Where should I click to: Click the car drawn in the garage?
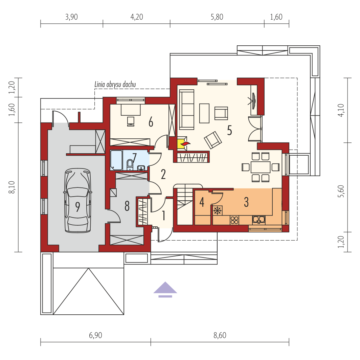click(x=78, y=200)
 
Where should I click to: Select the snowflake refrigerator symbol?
click(x=217, y=210)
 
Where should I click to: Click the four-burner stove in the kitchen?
click(x=234, y=220)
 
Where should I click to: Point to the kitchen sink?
click(x=259, y=220)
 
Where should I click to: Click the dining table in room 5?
click(x=261, y=167)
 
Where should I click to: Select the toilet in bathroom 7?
click(x=130, y=165)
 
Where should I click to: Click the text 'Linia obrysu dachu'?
click(x=115, y=85)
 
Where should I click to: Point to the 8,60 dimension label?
click(x=220, y=335)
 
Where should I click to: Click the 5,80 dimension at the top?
click(x=217, y=17)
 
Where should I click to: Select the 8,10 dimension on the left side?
click(x=12, y=187)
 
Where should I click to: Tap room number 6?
click(x=151, y=122)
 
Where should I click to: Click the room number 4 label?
click(x=202, y=202)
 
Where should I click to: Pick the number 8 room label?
click(x=127, y=206)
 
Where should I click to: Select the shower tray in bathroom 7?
click(x=116, y=160)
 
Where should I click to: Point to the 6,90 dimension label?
click(x=95, y=335)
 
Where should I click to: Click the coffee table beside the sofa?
click(x=204, y=113)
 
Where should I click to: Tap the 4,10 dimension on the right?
click(x=341, y=110)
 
